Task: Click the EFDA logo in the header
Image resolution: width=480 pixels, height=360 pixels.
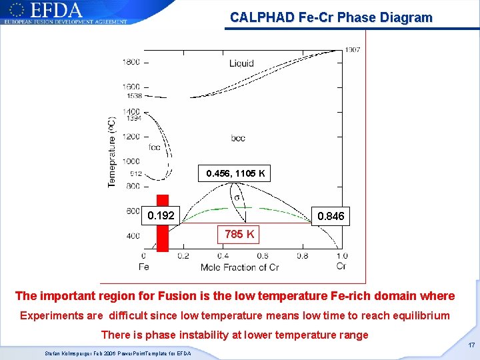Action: (x=65, y=12)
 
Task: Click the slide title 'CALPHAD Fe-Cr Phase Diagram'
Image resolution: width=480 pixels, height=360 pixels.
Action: (x=331, y=18)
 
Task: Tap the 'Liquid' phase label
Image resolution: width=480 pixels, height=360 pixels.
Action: (x=241, y=63)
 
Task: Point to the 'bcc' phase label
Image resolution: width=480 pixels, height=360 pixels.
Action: (x=237, y=138)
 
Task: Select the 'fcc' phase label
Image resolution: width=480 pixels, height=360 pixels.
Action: (x=155, y=147)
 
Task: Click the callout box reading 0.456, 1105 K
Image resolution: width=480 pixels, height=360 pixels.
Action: (x=235, y=174)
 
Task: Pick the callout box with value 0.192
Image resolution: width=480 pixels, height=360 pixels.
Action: (x=161, y=215)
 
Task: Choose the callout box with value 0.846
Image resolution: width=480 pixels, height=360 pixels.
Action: (x=331, y=216)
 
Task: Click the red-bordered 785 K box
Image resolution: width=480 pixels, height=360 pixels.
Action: (x=239, y=234)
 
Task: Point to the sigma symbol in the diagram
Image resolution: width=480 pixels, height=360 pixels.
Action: (x=237, y=197)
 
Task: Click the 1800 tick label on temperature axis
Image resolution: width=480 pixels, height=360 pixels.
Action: (x=131, y=62)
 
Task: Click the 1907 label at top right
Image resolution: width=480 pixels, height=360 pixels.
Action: (x=353, y=50)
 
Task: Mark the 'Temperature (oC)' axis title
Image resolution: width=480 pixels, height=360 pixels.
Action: (x=112, y=152)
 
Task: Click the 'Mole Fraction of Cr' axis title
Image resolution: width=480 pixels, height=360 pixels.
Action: (x=239, y=267)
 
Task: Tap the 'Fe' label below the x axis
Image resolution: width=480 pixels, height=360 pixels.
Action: (x=143, y=267)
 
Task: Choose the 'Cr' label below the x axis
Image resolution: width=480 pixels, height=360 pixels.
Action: (x=341, y=267)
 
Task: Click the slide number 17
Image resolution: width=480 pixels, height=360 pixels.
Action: (x=471, y=345)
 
